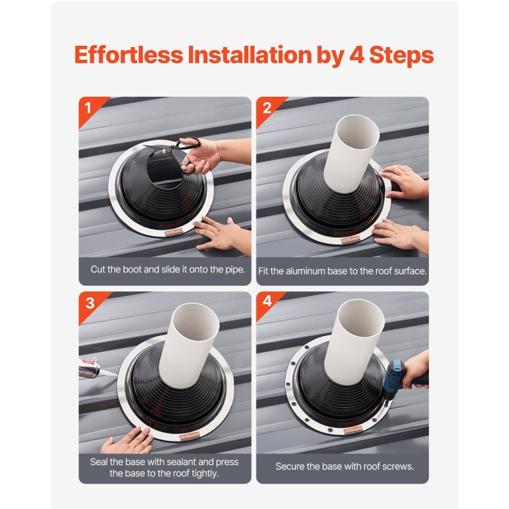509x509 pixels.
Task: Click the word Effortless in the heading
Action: [x=129, y=54]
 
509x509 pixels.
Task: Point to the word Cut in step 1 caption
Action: [x=97, y=269]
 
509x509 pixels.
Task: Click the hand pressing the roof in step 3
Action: [x=127, y=440]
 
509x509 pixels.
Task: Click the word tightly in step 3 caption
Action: [x=205, y=473]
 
